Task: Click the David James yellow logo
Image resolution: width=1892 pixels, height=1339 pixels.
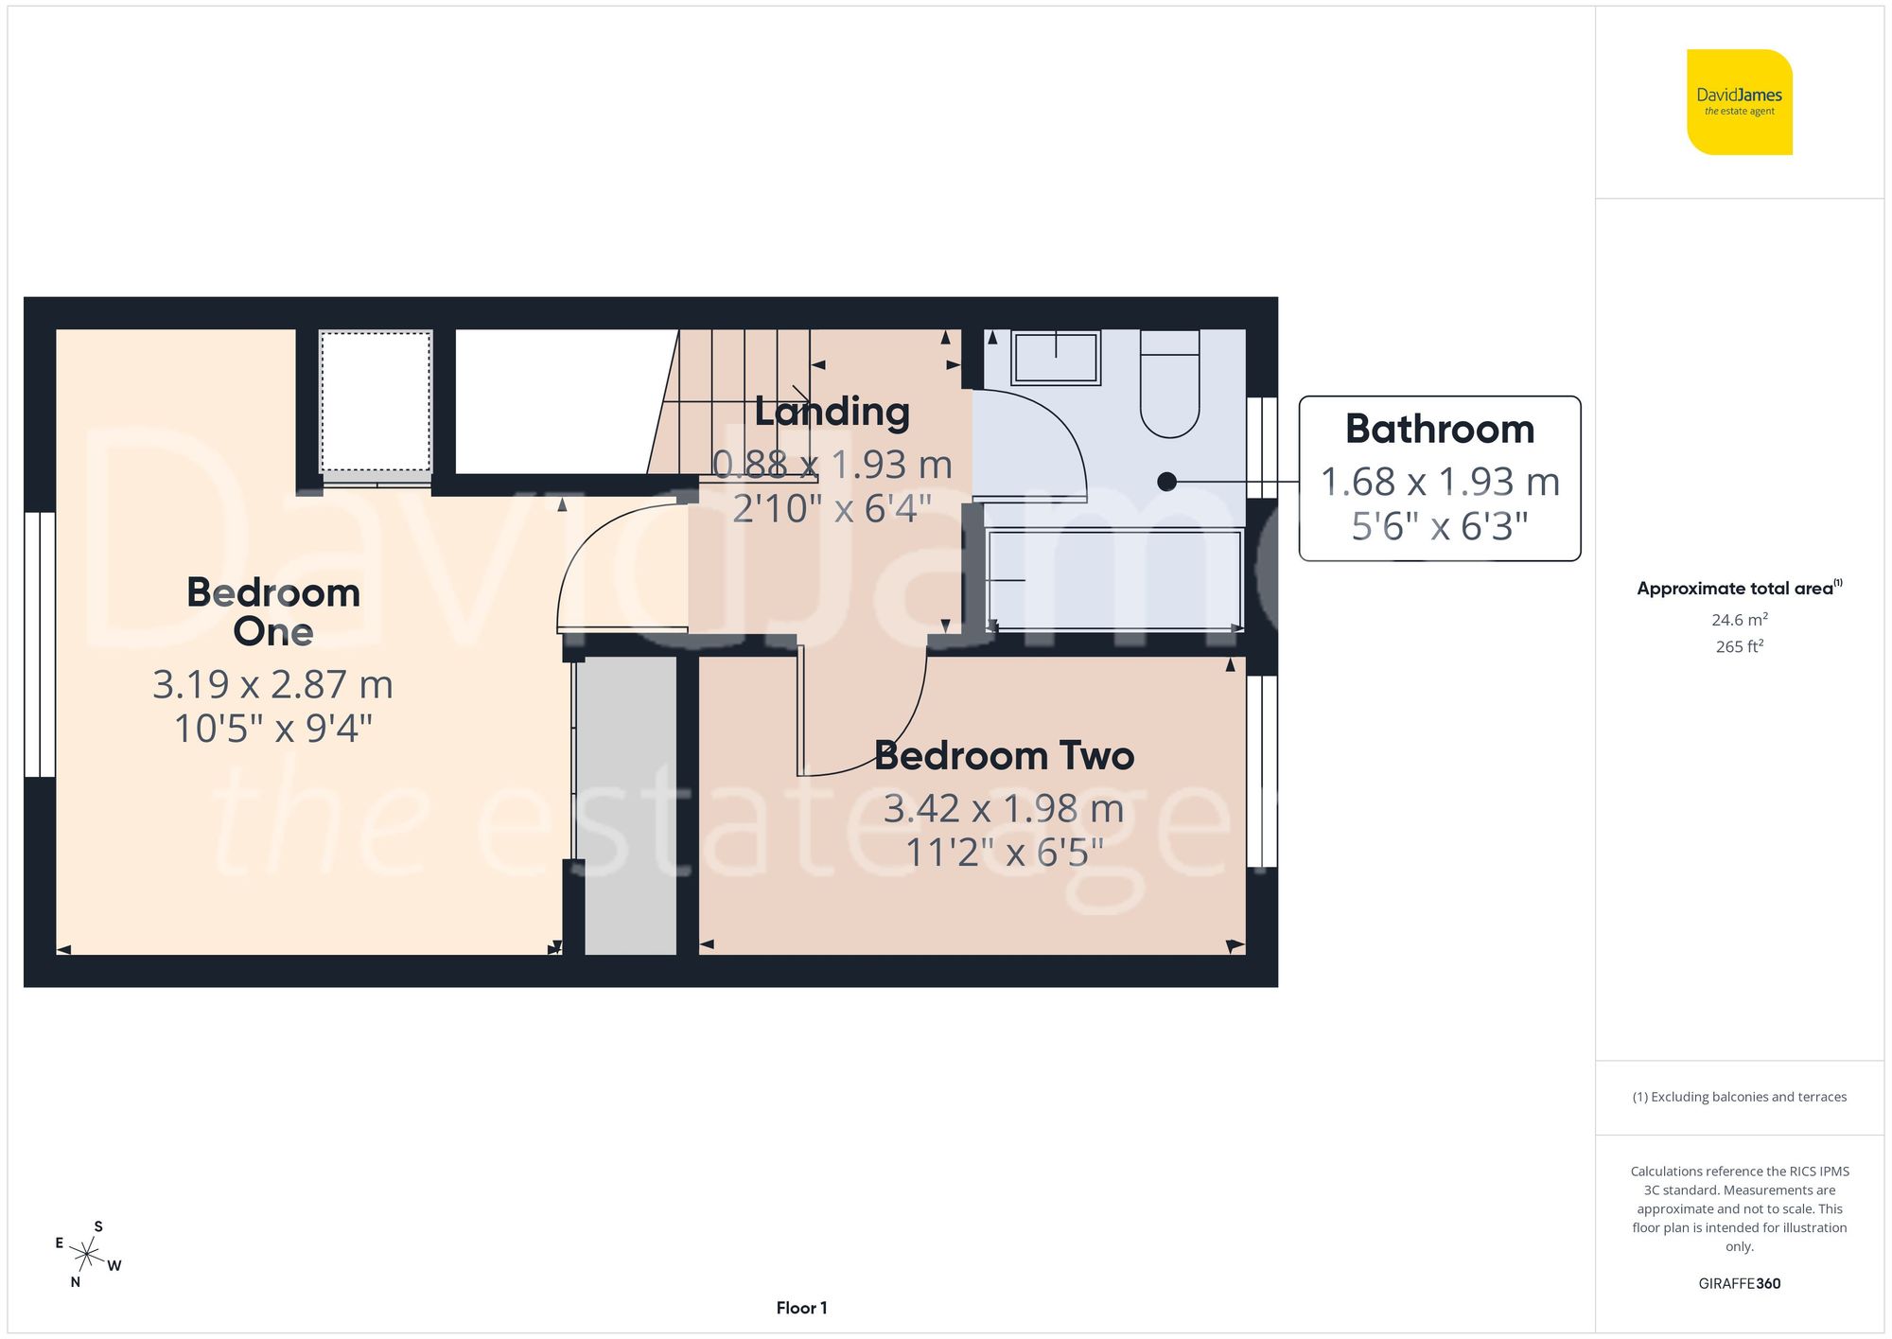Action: (x=1739, y=102)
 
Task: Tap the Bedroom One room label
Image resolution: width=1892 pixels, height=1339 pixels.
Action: (x=273, y=611)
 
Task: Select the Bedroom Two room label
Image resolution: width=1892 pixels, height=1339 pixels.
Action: (x=1004, y=755)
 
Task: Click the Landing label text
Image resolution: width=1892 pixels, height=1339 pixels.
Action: (x=832, y=412)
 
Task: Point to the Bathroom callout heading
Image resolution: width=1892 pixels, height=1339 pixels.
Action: (x=1439, y=429)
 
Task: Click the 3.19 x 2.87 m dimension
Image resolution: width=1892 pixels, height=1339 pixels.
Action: (x=272, y=684)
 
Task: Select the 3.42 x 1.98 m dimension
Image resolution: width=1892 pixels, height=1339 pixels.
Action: (x=1004, y=808)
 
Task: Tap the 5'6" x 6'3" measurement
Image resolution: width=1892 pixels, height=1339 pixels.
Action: (x=1439, y=526)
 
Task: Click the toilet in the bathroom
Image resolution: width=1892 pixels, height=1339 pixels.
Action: (x=1169, y=384)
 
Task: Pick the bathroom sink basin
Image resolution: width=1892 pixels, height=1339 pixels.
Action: (x=1056, y=358)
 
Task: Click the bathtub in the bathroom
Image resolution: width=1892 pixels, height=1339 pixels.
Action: (x=1113, y=579)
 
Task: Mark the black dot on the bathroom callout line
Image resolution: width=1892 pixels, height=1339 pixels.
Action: (x=1166, y=482)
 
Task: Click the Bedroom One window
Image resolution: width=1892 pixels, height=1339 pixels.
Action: (x=40, y=644)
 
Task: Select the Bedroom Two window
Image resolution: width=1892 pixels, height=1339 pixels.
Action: (x=1262, y=770)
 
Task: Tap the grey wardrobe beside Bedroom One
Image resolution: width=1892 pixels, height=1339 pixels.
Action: (x=629, y=804)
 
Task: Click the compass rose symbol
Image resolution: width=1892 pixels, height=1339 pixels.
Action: (x=87, y=1256)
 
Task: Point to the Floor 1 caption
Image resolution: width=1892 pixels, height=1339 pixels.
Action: (x=801, y=1308)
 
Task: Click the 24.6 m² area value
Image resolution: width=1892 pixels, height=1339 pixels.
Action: (x=1739, y=620)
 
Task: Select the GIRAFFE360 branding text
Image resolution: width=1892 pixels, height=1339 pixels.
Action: (x=1739, y=1283)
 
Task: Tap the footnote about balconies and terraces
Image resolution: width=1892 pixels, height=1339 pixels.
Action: (x=1739, y=1097)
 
